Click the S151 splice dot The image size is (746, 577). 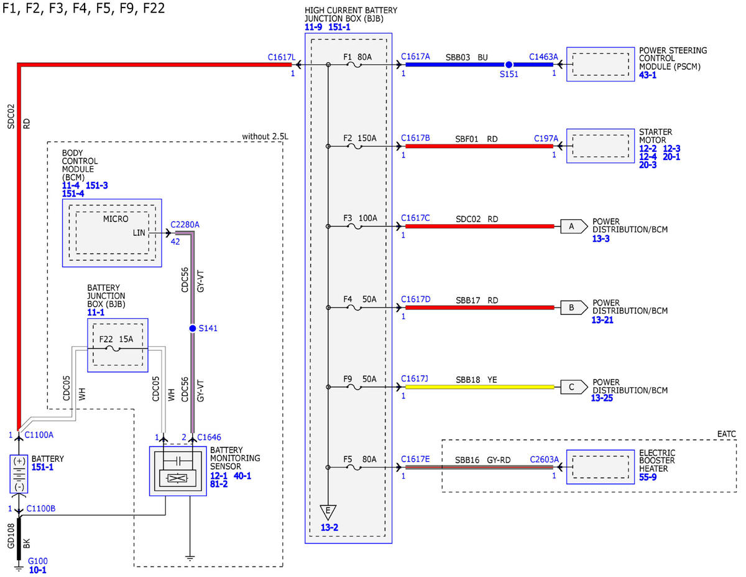point(509,65)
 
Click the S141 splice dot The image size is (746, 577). point(193,329)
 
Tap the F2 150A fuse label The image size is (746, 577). point(360,138)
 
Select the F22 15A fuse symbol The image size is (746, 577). point(113,349)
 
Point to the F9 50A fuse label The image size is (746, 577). point(360,379)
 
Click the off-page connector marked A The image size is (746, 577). point(574,227)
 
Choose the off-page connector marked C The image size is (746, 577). point(574,387)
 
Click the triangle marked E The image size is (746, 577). point(328,512)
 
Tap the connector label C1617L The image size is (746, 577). point(281,57)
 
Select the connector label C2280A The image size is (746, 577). point(185,225)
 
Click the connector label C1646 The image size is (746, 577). point(209,437)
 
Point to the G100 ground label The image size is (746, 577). point(38,561)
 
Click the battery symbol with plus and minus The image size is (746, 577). point(19,474)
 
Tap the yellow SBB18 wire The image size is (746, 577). point(480,387)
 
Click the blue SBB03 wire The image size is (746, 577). point(479,65)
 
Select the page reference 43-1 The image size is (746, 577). point(648,75)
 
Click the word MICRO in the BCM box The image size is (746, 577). point(116,219)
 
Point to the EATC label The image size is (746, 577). point(727,434)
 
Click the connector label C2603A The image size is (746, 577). point(544,459)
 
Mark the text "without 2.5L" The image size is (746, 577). point(265,136)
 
